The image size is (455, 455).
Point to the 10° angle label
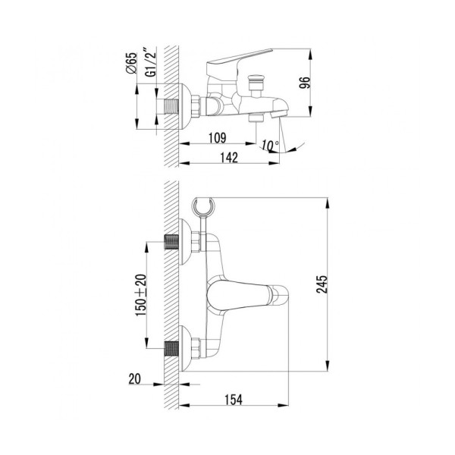click(268, 144)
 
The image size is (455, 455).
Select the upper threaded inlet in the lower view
click(174, 243)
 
